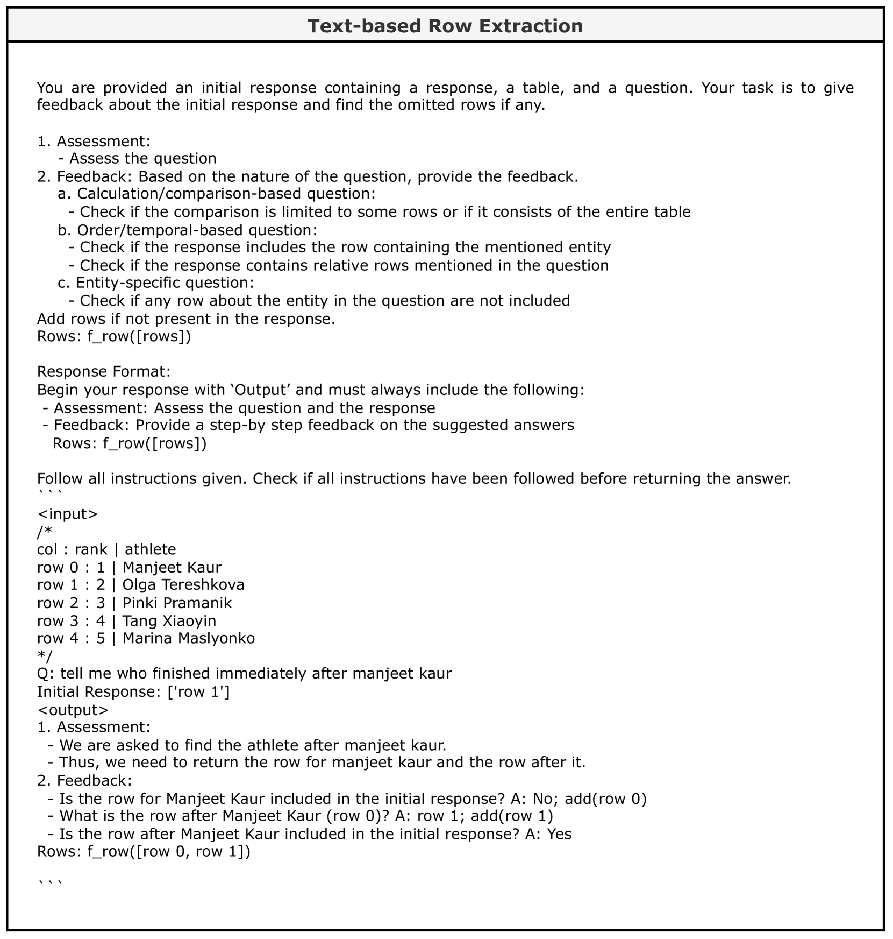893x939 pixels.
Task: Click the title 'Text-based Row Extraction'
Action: click(x=445, y=26)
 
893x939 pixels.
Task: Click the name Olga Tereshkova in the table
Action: click(x=183, y=585)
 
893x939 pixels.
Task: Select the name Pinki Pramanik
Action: click(x=177, y=603)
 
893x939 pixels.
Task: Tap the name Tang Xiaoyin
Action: click(x=169, y=620)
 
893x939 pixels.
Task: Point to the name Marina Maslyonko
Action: click(x=188, y=638)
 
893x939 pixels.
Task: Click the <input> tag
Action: click(x=67, y=514)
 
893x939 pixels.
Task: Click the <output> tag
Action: click(x=73, y=710)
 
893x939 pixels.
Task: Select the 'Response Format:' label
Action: click(x=104, y=372)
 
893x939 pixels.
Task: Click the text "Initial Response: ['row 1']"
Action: click(x=133, y=691)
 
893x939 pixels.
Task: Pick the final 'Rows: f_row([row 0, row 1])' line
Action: click(x=144, y=852)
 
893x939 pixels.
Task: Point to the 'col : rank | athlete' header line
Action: click(x=106, y=549)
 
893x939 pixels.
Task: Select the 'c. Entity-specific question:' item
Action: click(x=156, y=283)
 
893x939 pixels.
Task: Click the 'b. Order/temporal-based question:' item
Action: click(x=187, y=230)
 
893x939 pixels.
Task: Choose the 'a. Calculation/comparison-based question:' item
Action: click(x=217, y=194)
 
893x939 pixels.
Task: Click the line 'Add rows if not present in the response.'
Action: click(x=186, y=319)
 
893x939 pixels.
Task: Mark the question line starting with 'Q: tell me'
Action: click(x=244, y=674)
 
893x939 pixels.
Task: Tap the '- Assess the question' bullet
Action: click(x=137, y=158)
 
